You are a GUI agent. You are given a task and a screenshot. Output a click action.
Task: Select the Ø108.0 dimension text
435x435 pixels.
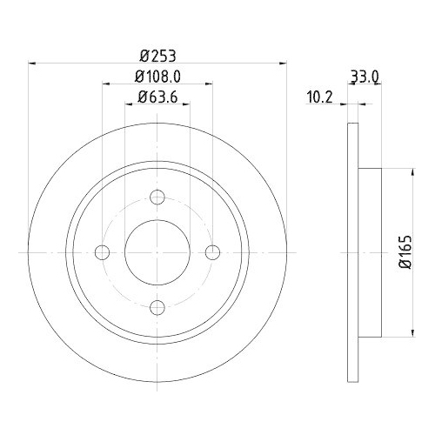point(157,76)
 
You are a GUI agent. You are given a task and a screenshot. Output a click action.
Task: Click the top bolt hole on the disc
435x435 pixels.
point(157,197)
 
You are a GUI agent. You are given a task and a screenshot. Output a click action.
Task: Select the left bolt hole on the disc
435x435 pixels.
point(103,252)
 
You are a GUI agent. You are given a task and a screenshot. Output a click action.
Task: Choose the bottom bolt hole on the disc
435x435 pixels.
point(157,307)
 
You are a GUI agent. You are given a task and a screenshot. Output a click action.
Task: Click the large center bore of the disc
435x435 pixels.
point(157,252)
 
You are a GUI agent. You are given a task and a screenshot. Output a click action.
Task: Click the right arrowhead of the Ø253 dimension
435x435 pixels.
point(283,63)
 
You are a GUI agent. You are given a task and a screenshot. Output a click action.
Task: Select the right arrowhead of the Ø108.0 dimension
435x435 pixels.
point(209,84)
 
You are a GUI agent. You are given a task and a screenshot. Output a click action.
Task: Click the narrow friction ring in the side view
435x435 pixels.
point(352,252)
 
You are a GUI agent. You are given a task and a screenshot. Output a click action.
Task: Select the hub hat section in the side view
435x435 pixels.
point(369,252)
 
